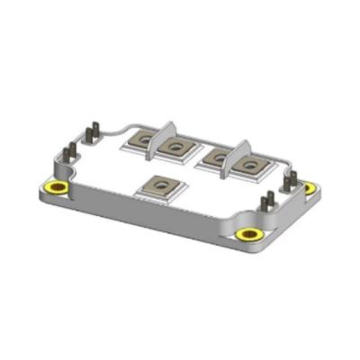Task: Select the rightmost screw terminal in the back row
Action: (250, 164)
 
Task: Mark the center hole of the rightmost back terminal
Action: (250, 164)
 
